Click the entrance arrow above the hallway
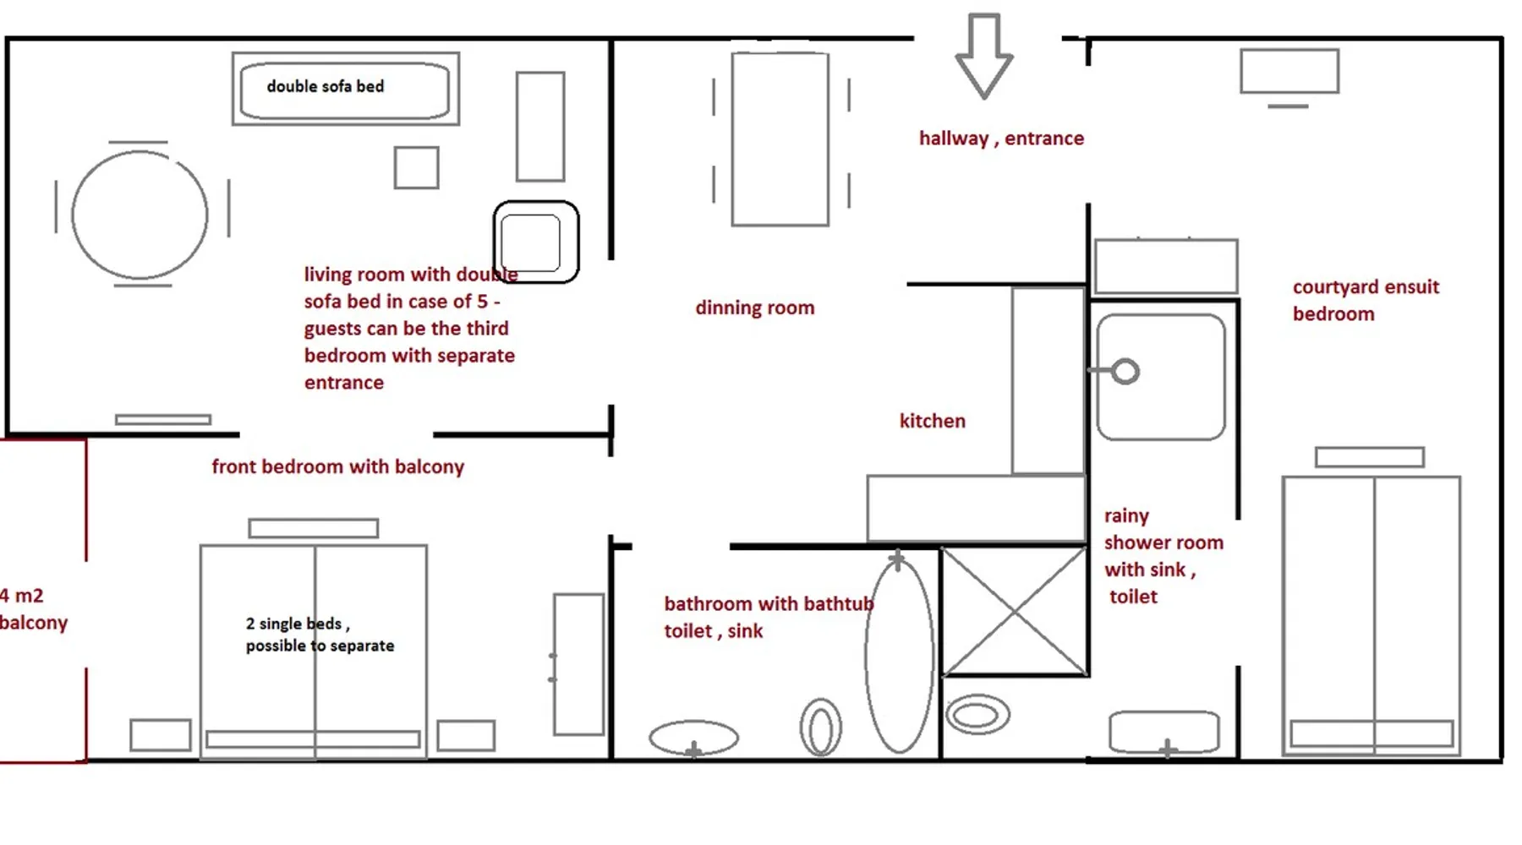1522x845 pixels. coord(984,56)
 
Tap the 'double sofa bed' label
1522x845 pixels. coord(326,86)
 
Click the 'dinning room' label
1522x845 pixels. coord(755,308)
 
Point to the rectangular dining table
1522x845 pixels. coord(733,139)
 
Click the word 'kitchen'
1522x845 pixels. coord(933,421)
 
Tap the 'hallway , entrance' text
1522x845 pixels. coord(1001,139)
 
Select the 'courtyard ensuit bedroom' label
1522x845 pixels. coord(1366,300)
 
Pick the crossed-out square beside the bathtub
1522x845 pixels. coord(1014,611)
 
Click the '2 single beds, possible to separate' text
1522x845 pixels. coord(320,635)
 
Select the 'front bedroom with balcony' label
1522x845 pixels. coord(338,466)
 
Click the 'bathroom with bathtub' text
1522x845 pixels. coord(768,603)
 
